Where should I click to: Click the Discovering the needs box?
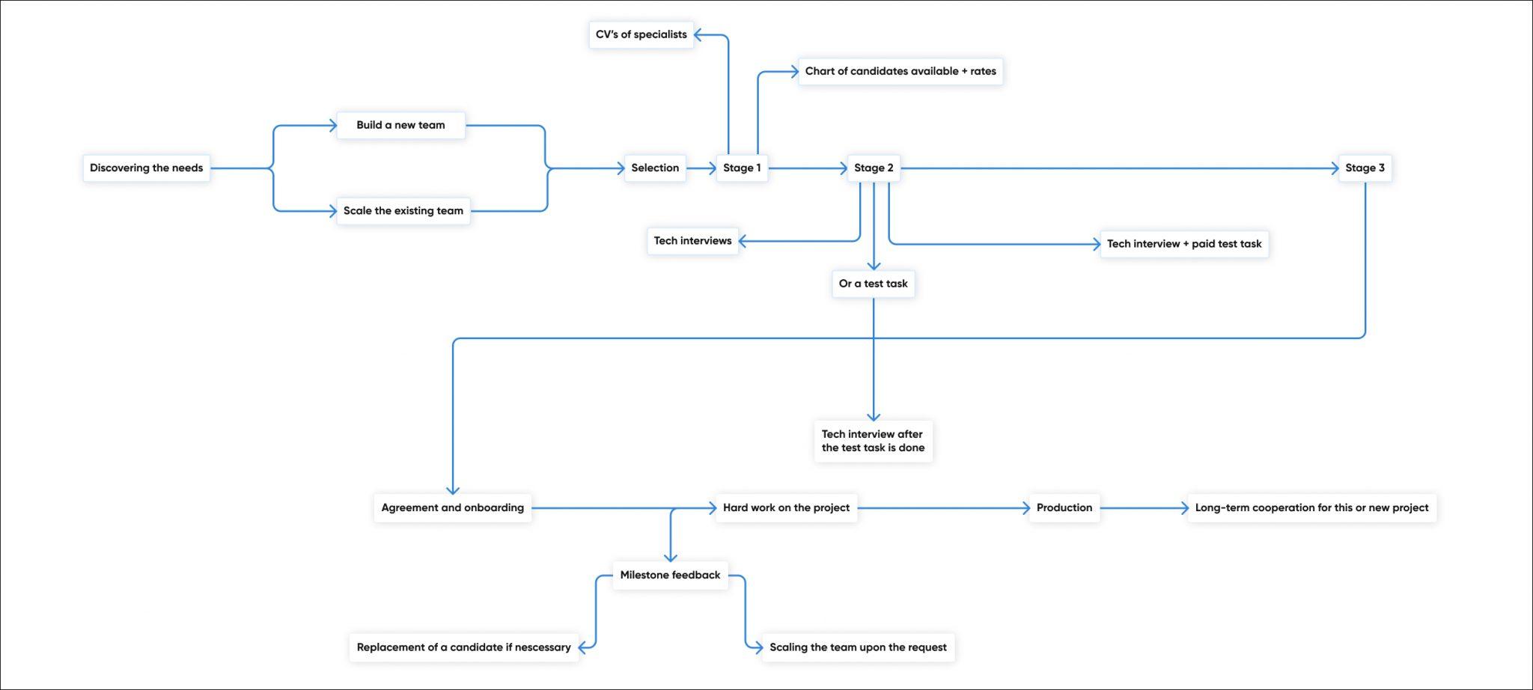[x=146, y=168]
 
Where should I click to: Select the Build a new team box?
[x=400, y=125]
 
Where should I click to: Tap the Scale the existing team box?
[x=403, y=211]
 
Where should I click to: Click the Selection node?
[x=655, y=168]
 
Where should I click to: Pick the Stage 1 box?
[x=742, y=168]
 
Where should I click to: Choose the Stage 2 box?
[x=874, y=168]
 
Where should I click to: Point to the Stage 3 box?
[x=1365, y=168]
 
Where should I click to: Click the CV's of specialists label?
[x=641, y=34]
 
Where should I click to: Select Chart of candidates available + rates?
[x=900, y=71]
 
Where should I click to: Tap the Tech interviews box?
[x=692, y=241]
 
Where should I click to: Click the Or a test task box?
[x=873, y=284]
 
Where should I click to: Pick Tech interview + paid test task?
[x=1184, y=244]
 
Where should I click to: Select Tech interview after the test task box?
[x=873, y=441]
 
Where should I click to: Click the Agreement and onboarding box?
[x=452, y=507]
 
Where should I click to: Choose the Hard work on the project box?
[x=786, y=507]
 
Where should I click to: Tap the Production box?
[x=1064, y=507]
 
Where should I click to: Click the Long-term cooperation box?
[x=1311, y=507]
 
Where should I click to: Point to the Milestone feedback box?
[x=670, y=575]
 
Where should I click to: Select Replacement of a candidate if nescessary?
[x=463, y=647]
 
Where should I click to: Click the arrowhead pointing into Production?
[x=1026, y=508]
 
